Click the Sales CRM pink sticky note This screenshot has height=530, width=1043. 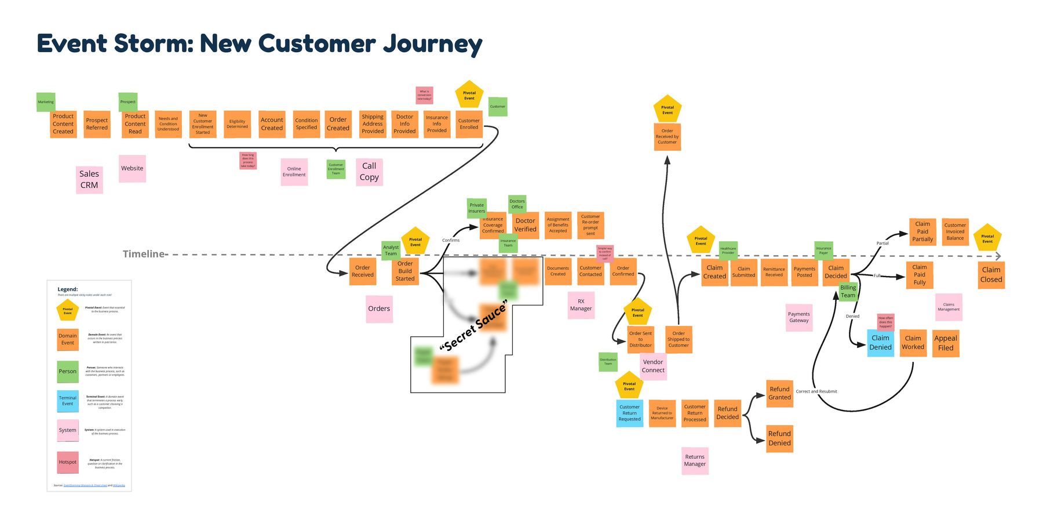tap(89, 180)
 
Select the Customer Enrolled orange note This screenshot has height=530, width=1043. tap(469, 124)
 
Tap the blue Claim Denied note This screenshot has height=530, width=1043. tap(880, 343)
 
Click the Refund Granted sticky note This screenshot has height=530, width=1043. tap(779, 393)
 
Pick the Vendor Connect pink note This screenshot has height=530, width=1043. tap(653, 366)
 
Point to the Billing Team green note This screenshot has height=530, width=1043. tap(848, 292)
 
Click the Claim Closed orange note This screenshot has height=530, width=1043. tap(991, 274)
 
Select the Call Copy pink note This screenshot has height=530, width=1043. tap(369, 172)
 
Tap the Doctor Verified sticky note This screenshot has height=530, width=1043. tap(525, 225)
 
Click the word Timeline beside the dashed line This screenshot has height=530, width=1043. tap(143, 254)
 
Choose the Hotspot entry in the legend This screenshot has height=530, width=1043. tap(68, 462)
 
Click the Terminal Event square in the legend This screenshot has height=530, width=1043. tap(68, 401)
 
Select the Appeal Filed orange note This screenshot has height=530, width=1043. tap(946, 343)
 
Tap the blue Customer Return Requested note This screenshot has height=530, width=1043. tap(629, 413)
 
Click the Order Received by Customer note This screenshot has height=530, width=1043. tap(667, 137)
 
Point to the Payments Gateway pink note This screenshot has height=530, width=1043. tap(798, 318)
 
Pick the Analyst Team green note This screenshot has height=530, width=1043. tap(391, 251)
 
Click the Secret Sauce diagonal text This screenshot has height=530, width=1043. tap(473, 326)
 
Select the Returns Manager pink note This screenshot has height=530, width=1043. tap(695, 460)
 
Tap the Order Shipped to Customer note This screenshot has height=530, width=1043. tap(679, 339)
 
